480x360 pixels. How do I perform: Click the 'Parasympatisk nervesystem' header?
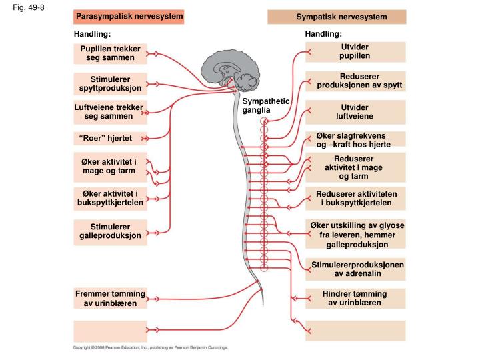(x=129, y=17)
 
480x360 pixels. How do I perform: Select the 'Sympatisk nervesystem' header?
(x=337, y=17)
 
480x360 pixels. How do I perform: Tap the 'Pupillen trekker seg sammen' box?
(x=110, y=53)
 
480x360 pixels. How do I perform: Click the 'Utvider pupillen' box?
(x=355, y=52)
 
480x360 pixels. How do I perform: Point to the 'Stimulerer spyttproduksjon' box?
(x=110, y=83)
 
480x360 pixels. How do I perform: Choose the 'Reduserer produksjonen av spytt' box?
(x=355, y=81)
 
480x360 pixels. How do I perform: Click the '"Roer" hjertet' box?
(x=110, y=139)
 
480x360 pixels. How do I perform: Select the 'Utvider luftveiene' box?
(x=355, y=112)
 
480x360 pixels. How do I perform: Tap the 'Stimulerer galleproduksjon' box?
(x=110, y=232)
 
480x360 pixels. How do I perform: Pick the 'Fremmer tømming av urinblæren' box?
(x=110, y=298)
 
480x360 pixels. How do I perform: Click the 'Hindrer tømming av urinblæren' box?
(x=355, y=299)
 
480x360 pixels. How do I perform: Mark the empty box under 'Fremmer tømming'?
(x=110, y=331)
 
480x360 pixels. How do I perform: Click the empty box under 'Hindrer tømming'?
(x=355, y=331)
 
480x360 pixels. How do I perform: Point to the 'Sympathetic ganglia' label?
(x=266, y=105)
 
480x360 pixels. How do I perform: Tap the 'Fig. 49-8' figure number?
(x=29, y=7)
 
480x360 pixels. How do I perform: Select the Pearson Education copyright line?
(x=150, y=347)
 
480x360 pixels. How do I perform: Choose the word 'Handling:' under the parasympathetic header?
(x=92, y=34)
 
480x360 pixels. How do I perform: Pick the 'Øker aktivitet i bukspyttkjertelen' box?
(x=110, y=199)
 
